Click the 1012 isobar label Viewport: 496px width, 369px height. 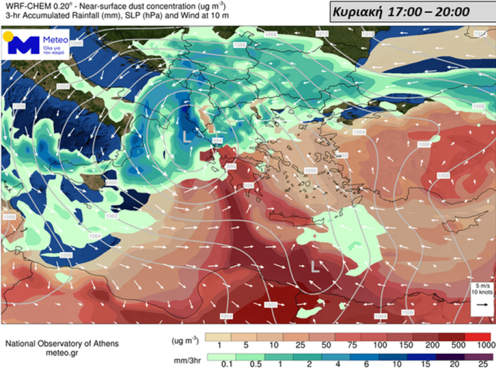point(367,35)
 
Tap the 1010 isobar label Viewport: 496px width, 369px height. point(322,34)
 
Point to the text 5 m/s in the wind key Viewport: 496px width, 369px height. point(482,285)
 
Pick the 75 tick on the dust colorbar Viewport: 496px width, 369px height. point(357,345)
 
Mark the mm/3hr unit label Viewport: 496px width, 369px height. point(187,357)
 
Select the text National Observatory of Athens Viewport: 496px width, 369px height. point(62,344)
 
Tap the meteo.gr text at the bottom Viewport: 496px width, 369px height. point(62,353)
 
